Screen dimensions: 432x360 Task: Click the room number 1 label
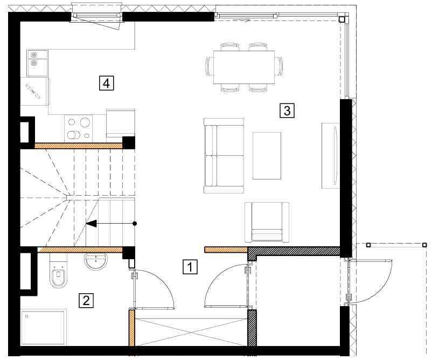pyautogui.click(x=190, y=267)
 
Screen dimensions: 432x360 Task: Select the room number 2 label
pyautogui.click(x=86, y=300)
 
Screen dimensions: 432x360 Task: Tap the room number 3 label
pyautogui.click(x=287, y=110)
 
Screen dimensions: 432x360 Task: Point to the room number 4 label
pyautogui.click(x=106, y=83)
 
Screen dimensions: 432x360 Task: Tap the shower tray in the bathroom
pyautogui.click(x=43, y=327)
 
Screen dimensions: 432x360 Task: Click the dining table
pyautogui.click(x=244, y=67)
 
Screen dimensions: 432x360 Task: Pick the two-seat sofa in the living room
pyautogui.click(x=224, y=155)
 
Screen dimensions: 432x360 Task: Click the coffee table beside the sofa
pyautogui.click(x=267, y=156)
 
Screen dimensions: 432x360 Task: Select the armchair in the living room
pyautogui.click(x=267, y=222)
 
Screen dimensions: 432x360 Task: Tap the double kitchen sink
pyautogui.click(x=37, y=63)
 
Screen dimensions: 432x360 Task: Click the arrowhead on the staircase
pyautogui.click(x=91, y=223)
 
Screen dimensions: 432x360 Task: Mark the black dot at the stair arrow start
pyautogui.click(x=135, y=223)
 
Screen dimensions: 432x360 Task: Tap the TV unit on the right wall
pyautogui.click(x=331, y=156)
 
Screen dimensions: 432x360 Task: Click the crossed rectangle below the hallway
pyautogui.click(x=191, y=331)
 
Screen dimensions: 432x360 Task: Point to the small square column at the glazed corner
pyautogui.click(x=342, y=19)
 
